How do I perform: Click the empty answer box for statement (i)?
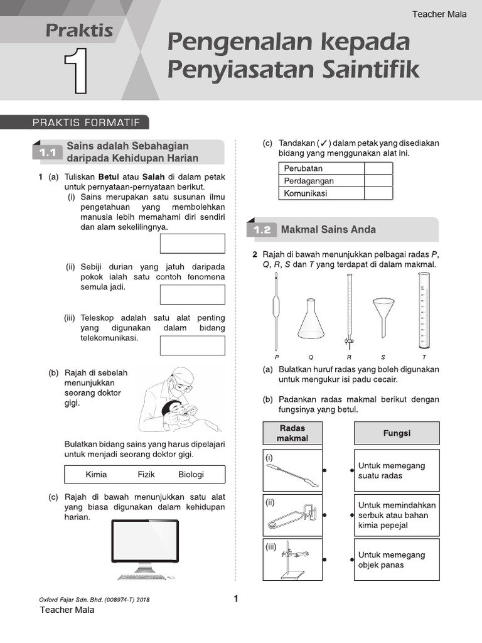pyautogui.click(x=193, y=243)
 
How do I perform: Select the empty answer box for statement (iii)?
pyautogui.click(x=193, y=345)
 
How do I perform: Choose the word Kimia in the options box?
pyautogui.click(x=96, y=474)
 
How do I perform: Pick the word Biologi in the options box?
pyautogui.click(x=191, y=474)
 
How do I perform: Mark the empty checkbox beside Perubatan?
pyautogui.click(x=378, y=168)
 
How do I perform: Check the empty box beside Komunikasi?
pyautogui.click(x=378, y=193)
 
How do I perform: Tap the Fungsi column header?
pyautogui.click(x=397, y=433)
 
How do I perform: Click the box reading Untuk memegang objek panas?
pyautogui.click(x=397, y=559)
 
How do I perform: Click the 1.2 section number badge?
pyautogui.click(x=262, y=230)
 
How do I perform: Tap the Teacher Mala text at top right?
pyautogui.click(x=439, y=14)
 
